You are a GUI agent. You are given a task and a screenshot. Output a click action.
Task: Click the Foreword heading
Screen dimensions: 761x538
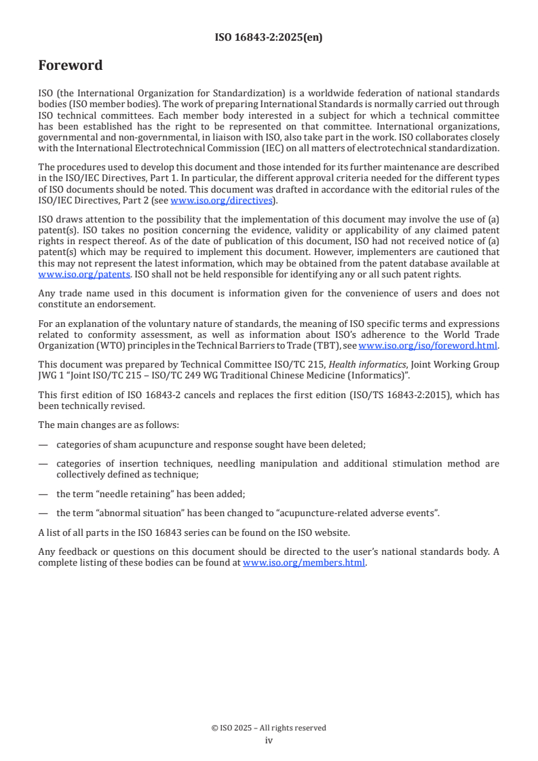click(x=71, y=66)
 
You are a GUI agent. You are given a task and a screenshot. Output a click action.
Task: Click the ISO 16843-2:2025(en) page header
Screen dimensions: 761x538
click(x=269, y=37)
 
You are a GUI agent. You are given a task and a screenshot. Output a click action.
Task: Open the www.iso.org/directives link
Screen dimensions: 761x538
click(x=221, y=200)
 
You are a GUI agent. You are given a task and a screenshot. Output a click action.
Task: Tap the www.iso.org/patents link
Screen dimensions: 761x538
click(x=66, y=275)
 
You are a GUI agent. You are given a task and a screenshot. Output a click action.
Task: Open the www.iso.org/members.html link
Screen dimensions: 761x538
click(x=304, y=562)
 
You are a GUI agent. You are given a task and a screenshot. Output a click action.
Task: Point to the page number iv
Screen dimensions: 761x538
click(x=269, y=741)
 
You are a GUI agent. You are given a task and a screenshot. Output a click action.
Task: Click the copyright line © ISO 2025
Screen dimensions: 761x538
click(x=269, y=728)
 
